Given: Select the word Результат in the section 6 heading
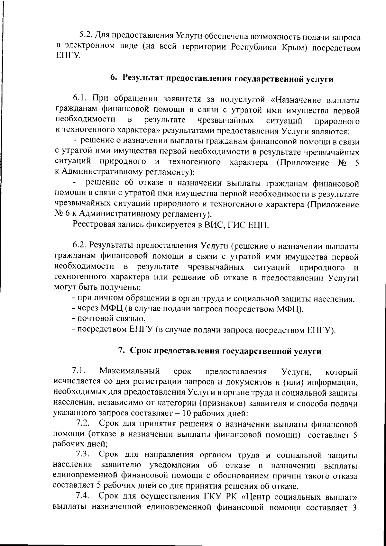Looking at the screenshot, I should (x=142, y=77).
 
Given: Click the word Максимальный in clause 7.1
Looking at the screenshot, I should (x=130, y=372).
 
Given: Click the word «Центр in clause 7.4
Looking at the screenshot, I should (x=259, y=496).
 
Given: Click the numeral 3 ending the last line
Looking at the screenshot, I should (x=356, y=507).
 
